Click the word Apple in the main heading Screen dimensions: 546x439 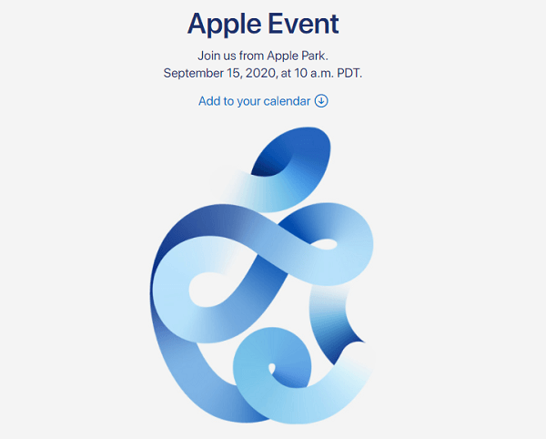tap(224, 25)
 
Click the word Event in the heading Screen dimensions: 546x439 tap(304, 24)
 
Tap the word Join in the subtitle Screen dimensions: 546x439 tap(207, 56)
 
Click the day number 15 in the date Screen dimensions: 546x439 tap(235, 73)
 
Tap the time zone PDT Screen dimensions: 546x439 tap(349, 73)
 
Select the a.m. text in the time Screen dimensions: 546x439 tap(321, 74)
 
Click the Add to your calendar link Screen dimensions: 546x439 tap(263, 101)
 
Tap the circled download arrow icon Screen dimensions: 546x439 tap(321, 101)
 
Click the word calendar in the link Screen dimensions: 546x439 tap(287, 101)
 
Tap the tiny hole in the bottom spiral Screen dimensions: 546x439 tap(272, 368)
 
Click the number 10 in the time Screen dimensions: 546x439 tap(300, 73)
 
